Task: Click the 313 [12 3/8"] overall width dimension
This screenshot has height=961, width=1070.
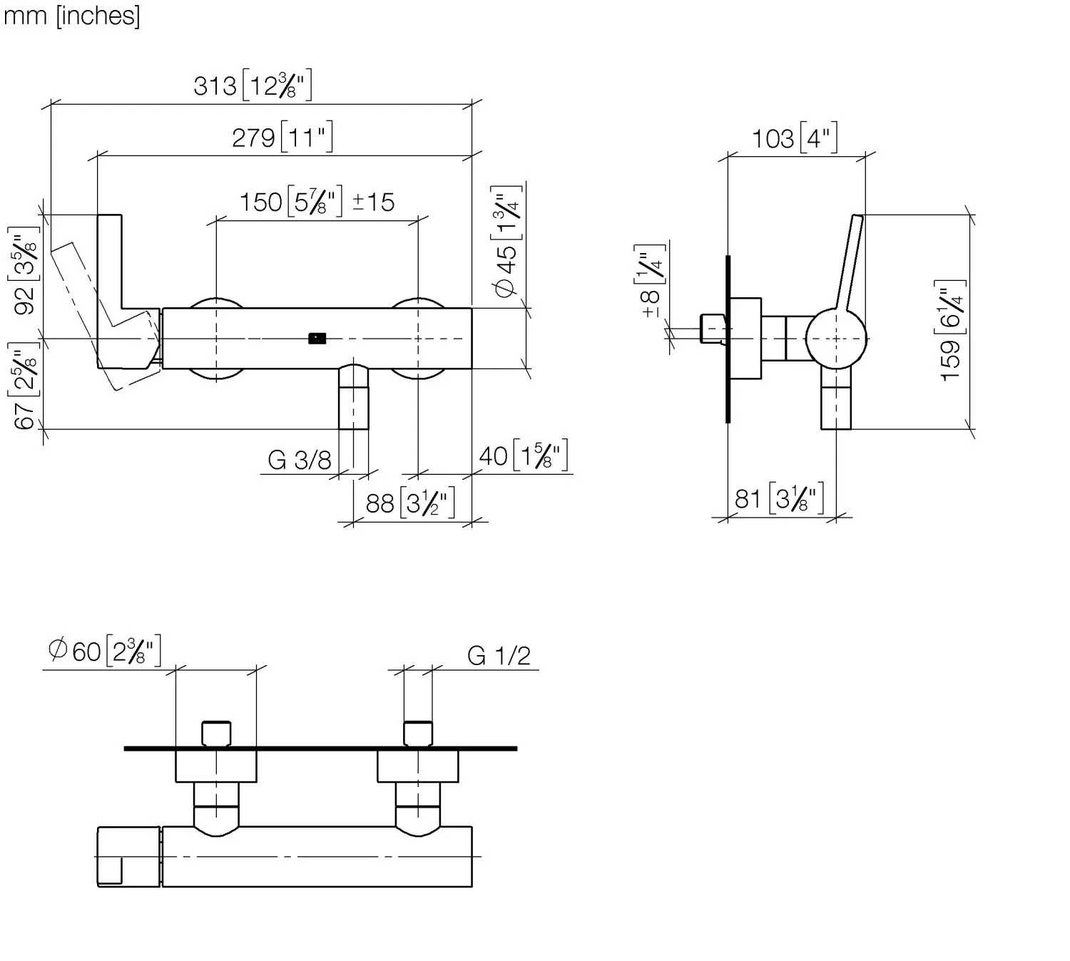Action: coord(253,86)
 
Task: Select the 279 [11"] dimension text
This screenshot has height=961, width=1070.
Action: coord(282,136)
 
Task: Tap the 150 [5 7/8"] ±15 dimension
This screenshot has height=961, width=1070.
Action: coord(316,202)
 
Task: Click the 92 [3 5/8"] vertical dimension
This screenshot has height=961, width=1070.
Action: coord(24,271)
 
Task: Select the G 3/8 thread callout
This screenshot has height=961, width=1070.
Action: coord(300,461)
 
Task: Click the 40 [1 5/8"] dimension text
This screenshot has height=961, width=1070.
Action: coord(523,456)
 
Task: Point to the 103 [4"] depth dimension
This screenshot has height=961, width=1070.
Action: coord(795,138)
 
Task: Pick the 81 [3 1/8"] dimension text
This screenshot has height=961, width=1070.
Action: coord(779,498)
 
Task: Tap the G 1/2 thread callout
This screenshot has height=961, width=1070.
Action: coord(499,655)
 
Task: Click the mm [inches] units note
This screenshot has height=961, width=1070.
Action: coord(71,15)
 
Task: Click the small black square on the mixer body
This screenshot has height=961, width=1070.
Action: coord(317,339)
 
